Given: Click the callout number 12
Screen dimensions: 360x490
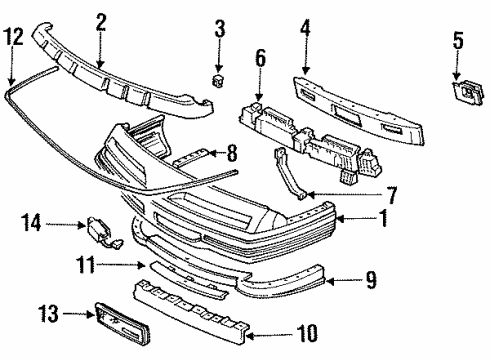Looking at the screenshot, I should [x=12, y=37].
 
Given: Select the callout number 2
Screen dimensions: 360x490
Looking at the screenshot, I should [x=100, y=19].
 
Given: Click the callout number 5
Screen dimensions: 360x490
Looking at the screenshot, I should [x=458, y=42].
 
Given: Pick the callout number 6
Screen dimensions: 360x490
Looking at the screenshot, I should [x=261, y=61].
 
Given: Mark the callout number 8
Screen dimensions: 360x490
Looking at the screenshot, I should [x=233, y=153].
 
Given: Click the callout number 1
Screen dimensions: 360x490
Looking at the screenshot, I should [x=370, y=282].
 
